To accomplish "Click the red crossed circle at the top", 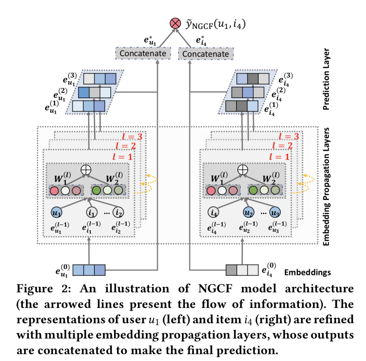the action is [175, 23].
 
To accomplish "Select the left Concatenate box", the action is [143, 53].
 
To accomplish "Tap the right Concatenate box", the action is [206, 54].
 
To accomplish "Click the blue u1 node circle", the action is [57, 212].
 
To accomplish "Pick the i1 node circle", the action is [92, 212].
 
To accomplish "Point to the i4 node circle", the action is [213, 212].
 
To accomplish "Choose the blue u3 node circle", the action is [275, 212].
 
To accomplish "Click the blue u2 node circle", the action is [248, 212].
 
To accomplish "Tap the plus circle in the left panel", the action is [86, 170].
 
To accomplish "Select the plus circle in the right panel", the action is [243, 170].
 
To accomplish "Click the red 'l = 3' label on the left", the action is [132, 136].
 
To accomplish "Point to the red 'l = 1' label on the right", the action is [279, 157].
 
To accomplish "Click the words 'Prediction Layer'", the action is [326, 79].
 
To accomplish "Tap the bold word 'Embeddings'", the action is [308, 272].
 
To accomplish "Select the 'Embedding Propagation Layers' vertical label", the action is [326, 186].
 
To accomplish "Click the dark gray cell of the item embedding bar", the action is [231, 270].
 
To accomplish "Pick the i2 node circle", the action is [118, 212].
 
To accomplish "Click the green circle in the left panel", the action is [96, 190].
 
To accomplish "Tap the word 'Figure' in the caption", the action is [35, 289].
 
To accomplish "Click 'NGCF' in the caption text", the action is [215, 288].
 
